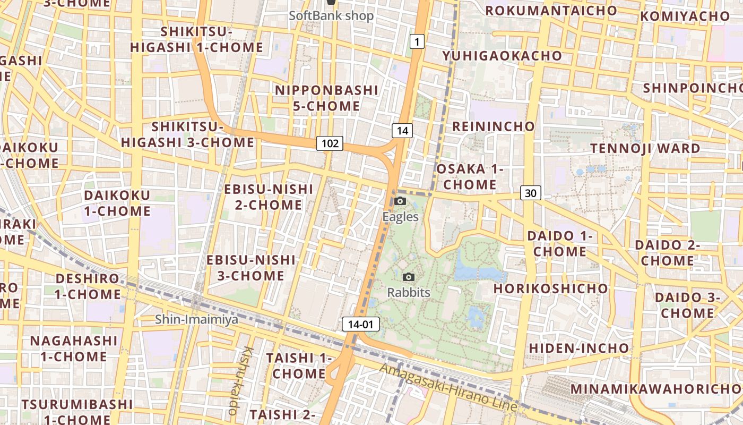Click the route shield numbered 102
point(330,143)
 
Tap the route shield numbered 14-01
point(361,324)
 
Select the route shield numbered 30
point(530,193)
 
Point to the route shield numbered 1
point(417,41)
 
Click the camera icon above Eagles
point(400,201)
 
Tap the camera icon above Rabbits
point(408,277)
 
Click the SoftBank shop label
point(331,15)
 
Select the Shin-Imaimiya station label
point(196,319)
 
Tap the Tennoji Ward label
point(645,148)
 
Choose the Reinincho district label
point(493,126)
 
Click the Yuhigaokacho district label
point(502,56)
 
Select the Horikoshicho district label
point(550,288)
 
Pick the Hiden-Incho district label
point(578,348)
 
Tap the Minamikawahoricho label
point(656,389)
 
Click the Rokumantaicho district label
point(551,11)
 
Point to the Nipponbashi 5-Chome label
point(326,98)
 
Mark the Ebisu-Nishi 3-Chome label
point(250,268)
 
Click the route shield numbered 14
point(402,131)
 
